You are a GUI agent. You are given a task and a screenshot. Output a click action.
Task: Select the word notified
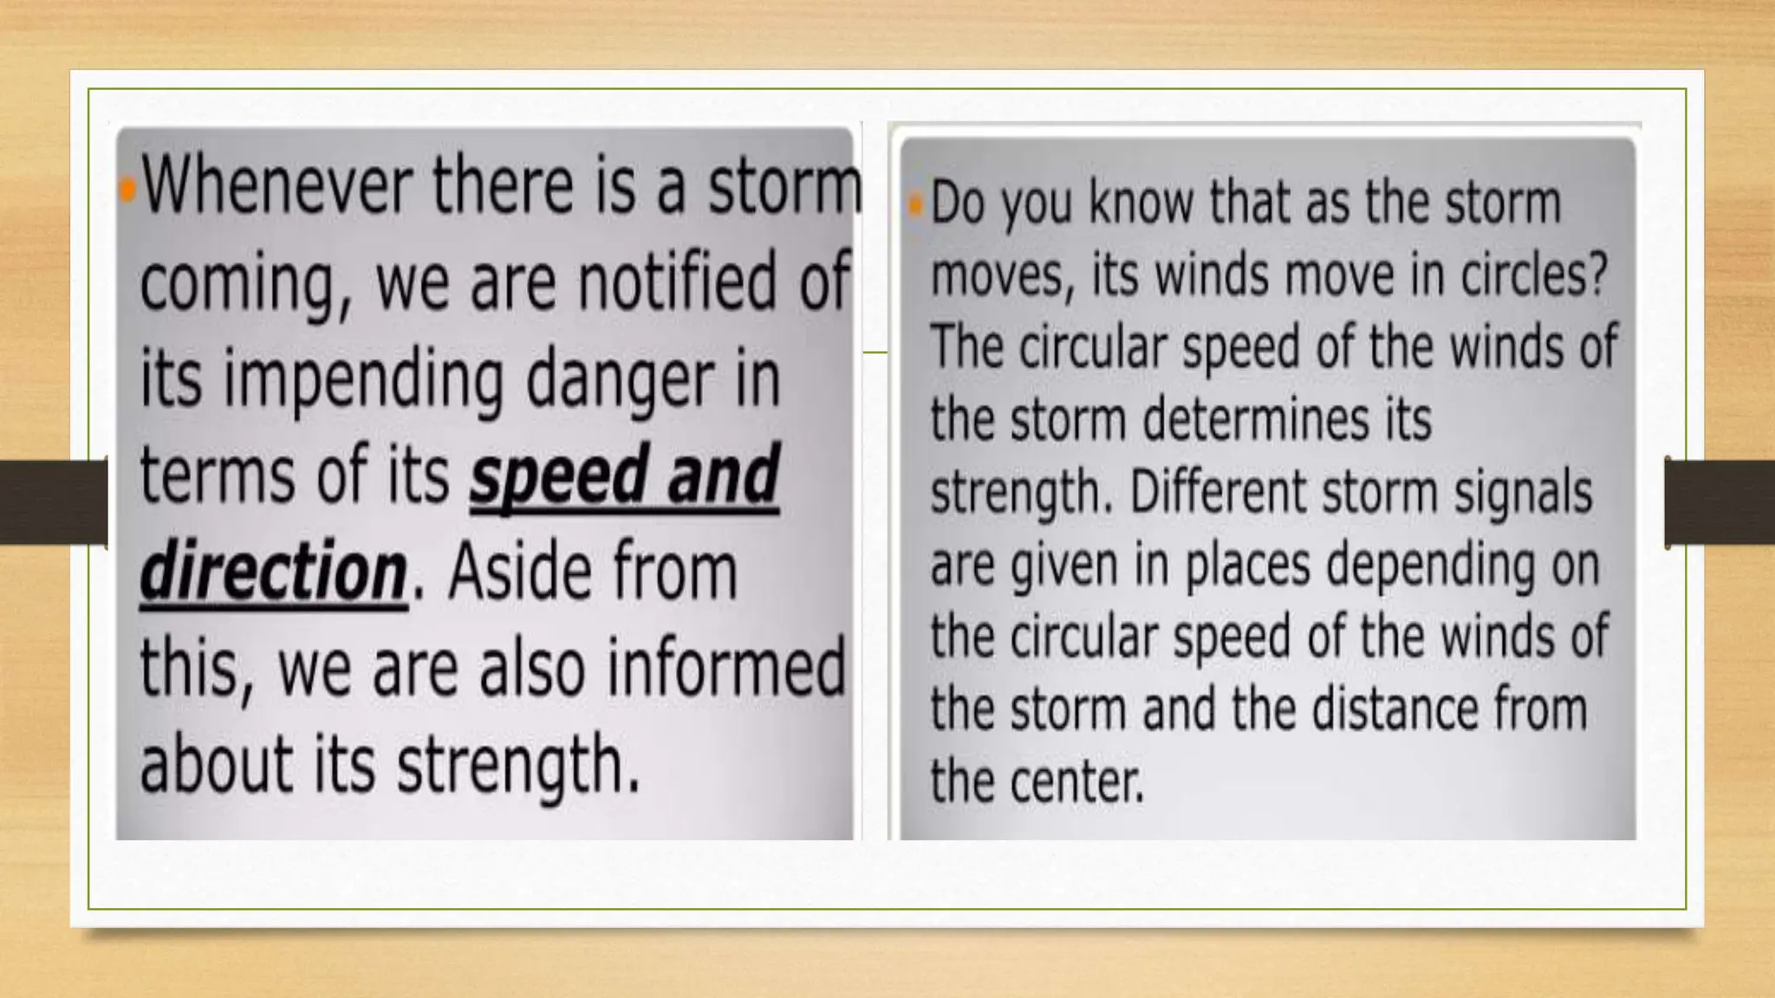pos(677,282)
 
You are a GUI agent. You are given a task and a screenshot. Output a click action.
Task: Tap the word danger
pos(621,381)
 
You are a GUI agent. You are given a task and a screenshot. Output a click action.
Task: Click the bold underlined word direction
pos(273,573)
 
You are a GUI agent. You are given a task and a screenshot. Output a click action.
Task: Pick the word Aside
pos(520,573)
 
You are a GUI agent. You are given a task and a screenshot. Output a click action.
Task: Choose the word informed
pos(725,668)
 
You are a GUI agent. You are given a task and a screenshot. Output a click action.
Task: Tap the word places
pos(1247,565)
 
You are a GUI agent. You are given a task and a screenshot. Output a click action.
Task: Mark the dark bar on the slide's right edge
pos(1720,502)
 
